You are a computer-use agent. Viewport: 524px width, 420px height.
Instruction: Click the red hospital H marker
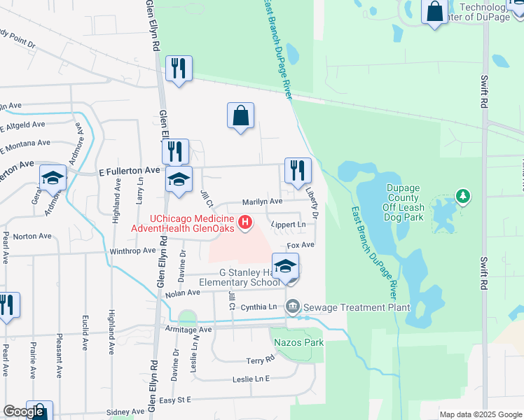point(245,223)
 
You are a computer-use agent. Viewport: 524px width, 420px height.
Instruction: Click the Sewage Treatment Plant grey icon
point(292,307)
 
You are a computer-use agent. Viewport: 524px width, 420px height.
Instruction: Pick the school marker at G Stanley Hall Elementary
point(285,267)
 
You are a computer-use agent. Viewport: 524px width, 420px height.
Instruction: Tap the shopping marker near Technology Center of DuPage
point(434,11)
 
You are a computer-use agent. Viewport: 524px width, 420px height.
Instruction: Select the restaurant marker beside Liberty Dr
point(298,170)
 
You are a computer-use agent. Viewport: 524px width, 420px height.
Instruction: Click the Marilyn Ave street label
point(262,202)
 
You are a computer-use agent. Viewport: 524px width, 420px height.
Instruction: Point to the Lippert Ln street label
point(289,225)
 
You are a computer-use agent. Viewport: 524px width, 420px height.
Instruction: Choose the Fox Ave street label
point(301,245)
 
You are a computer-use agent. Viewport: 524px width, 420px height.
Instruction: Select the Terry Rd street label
point(260,360)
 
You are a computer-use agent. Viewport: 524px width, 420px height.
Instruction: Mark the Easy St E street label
point(174,400)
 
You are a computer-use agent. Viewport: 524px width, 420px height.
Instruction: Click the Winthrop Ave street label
point(132,250)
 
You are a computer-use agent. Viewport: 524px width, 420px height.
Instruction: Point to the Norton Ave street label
point(29,236)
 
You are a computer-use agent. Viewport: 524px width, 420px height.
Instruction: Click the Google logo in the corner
point(23,412)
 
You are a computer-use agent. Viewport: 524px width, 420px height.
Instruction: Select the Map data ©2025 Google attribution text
point(480,414)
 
